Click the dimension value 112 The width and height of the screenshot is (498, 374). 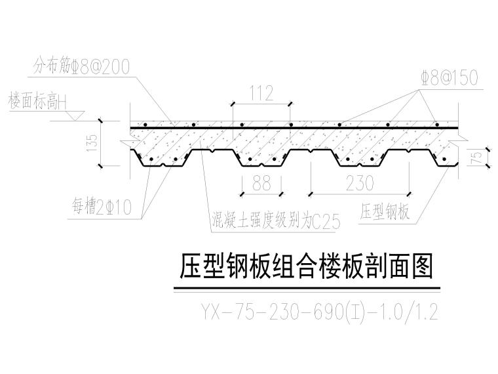pos(261,93)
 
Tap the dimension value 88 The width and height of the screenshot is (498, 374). pos(261,183)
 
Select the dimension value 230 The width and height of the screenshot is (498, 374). pos(360,183)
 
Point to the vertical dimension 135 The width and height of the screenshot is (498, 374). pos(92,143)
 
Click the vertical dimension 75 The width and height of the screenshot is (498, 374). pos(477,157)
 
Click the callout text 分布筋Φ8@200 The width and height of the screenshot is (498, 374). pos(82,66)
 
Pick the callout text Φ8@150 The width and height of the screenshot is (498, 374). pos(450,78)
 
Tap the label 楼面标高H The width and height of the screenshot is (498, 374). pos(38,101)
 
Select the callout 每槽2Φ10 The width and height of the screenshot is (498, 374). pos(102,207)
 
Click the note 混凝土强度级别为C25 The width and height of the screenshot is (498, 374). pos(276,220)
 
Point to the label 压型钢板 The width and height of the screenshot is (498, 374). pos(385,211)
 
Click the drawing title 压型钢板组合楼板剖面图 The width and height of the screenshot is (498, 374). pos(306,266)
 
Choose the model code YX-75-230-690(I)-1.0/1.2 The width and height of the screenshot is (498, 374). pos(320,312)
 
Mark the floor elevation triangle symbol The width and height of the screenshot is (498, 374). pos(75,115)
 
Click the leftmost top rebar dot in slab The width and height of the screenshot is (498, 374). pos(145,125)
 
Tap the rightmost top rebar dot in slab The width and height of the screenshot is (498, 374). pos(437,125)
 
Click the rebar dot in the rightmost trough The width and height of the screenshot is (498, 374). pos(444,159)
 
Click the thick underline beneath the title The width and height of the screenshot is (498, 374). pos(307,288)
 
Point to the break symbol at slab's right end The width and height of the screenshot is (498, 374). pos(459,139)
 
